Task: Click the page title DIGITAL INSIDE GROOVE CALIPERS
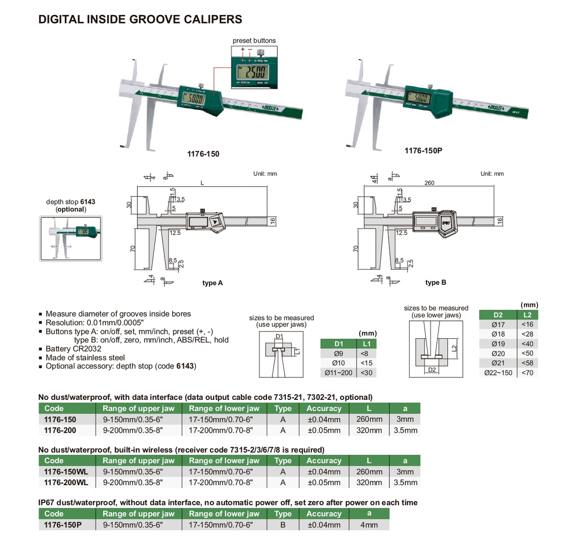click(140, 19)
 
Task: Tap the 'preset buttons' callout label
click(254, 40)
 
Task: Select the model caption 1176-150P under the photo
click(423, 150)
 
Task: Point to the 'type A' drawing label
click(212, 283)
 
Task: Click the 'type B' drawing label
click(436, 282)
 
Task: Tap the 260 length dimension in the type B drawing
click(429, 183)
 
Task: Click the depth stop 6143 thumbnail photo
click(71, 238)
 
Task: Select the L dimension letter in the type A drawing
click(202, 183)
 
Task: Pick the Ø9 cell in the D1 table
click(338, 353)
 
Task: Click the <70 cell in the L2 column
click(527, 372)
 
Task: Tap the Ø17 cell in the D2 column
click(498, 324)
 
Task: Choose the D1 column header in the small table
click(338, 344)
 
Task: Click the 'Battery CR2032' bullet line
click(73, 348)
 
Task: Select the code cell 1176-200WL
click(66, 482)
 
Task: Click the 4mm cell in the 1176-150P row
click(369, 525)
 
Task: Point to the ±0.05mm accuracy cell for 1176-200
click(324, 430)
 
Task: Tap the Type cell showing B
click(283, 525)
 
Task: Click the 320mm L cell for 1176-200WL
click(369, 482)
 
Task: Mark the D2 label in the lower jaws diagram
click(432, 370)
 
